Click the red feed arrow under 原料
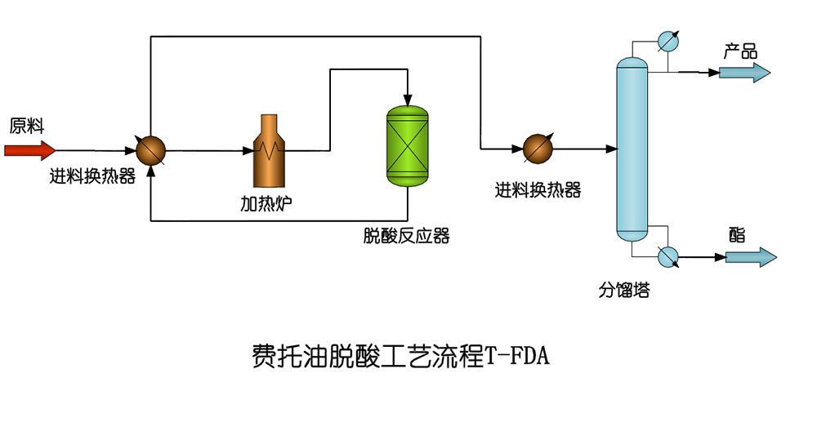29,150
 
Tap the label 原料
26,126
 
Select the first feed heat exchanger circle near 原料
151,150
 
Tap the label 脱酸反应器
406,237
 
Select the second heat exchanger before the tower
538,149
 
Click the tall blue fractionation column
632,151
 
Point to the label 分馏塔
624,290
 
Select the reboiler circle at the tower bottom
668,256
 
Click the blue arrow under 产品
743,73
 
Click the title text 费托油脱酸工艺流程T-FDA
400,357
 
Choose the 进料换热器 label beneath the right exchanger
538,190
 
